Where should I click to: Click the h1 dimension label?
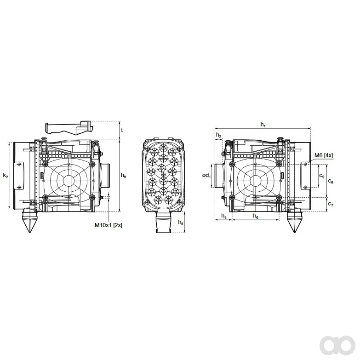[x=263, y=125]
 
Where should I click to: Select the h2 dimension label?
[x=219, y=135]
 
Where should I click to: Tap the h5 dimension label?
[x=224, y=216]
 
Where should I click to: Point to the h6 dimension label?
[x=256, y=216]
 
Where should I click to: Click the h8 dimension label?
[x=181, y=222]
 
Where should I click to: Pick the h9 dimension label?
[x=124, y=176]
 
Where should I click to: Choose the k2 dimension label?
[x=6, y=176]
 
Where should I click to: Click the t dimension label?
[x=122, y=130]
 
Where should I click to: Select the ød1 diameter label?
[x=206, y=176]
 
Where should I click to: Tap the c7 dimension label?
[x=331, y=204]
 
